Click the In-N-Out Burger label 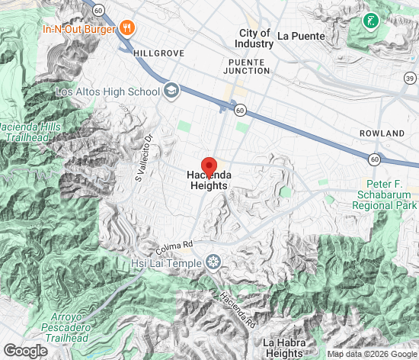point(78,30)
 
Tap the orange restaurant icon point(126,30)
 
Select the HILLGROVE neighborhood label point(158,54)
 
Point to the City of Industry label point(254,38)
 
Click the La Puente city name point(301,35)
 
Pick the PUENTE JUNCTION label point(248,66)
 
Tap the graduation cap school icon point(171,92)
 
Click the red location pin point(209,167)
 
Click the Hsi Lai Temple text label point(165,263)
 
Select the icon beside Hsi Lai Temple point(213,263)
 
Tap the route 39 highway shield point(410,79)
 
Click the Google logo point(25,350)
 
